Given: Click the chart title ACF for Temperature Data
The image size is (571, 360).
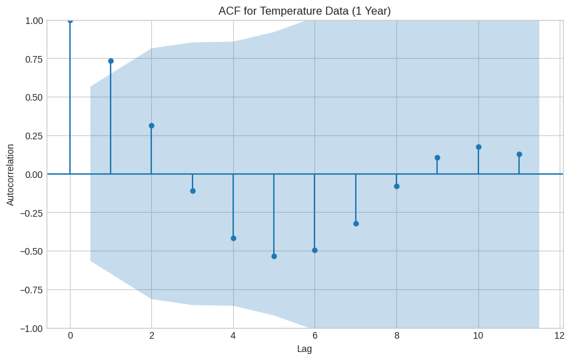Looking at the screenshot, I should point(304,11).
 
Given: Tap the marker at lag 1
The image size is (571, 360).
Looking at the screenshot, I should point(111,61).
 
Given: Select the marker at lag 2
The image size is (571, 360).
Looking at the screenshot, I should point(151,125).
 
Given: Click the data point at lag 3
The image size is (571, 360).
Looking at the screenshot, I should point(193,191).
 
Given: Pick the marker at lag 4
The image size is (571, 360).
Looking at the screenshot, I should point(233,238).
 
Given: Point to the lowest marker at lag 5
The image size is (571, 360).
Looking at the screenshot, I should point(274,256).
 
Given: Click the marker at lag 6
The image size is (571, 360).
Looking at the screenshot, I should point(314,250).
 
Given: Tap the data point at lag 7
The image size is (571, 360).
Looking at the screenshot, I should point(356,223).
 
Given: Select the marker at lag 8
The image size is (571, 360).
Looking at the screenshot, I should point(396,186).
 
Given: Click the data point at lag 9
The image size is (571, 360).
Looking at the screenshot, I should point(437,157).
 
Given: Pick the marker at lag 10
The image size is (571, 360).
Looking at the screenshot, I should point(478,147).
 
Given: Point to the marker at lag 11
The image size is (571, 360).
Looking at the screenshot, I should point(519,154).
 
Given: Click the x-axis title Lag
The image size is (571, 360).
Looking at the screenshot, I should point(304,349).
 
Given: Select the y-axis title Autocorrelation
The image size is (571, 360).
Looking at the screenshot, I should point(10,174).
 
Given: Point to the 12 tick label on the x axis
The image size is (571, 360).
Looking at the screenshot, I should point(560,335).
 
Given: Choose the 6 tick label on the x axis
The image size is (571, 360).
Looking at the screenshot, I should point(314,335).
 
